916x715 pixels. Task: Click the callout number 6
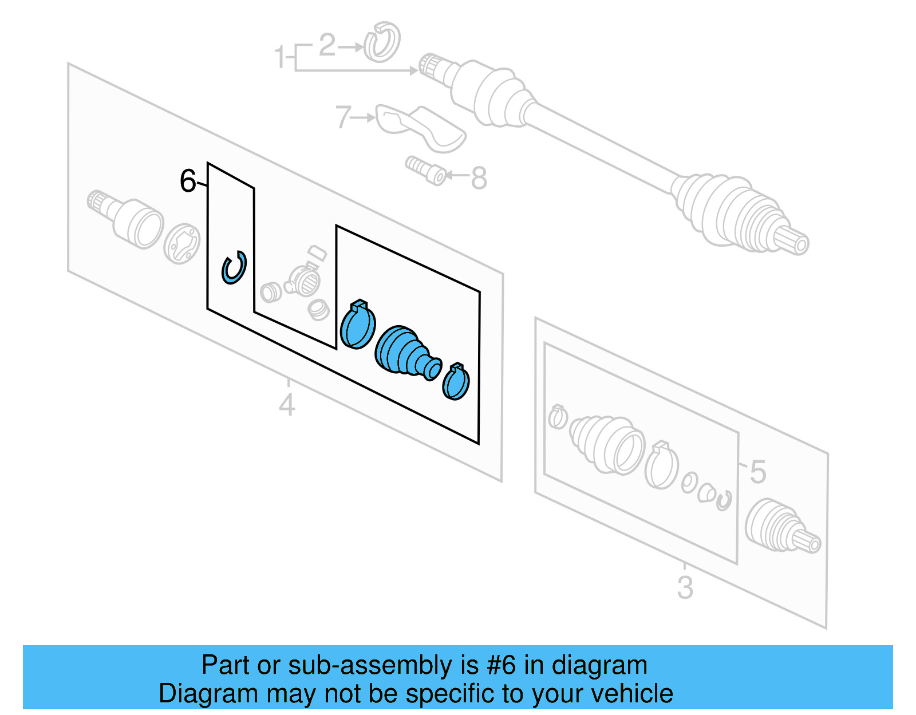pos(188,181)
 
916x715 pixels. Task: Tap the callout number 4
pos(287,405)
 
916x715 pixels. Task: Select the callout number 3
pos(685,588)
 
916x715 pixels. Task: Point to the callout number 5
pos(757,472)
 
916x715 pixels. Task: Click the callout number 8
pos(479,178)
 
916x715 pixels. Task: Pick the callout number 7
pos(342,117)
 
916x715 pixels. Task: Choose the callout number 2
pos(327,45)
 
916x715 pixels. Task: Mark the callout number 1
pos(279,57)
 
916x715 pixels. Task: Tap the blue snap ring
pos(234,267)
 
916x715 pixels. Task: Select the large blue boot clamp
pos(358,325)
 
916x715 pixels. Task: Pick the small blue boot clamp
pos(456,382)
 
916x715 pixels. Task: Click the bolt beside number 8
pos(426,171)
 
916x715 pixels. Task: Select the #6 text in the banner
pos(501,665)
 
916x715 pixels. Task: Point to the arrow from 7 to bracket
pos(363,118)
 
